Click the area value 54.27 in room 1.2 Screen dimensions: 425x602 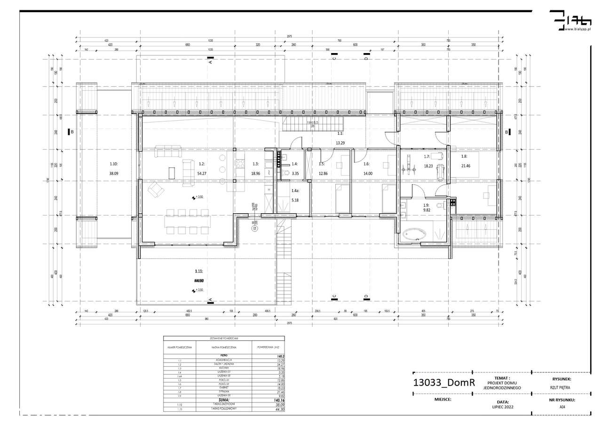pos(202,173)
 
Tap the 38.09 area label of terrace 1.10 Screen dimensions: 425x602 pos(113,173)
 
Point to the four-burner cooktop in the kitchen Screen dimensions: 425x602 pos(240,164)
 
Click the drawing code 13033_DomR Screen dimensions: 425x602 pos(444,383)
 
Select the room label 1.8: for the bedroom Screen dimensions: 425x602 pos(464,156)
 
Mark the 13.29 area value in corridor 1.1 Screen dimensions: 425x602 pos(341,142)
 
